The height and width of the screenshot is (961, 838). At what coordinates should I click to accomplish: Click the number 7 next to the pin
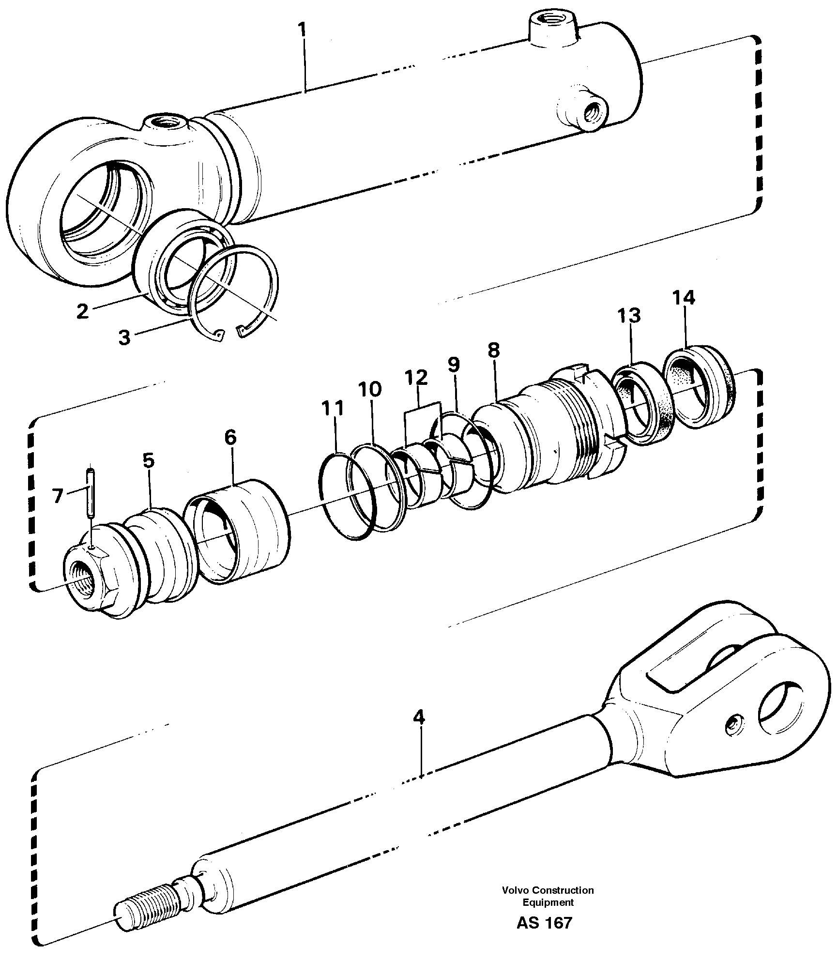click(x=58, y=496)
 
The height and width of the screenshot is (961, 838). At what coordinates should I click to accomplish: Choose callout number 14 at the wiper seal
click(x=683, y=298)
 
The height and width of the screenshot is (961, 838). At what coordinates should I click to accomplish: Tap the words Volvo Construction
click(x=548, y=890)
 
